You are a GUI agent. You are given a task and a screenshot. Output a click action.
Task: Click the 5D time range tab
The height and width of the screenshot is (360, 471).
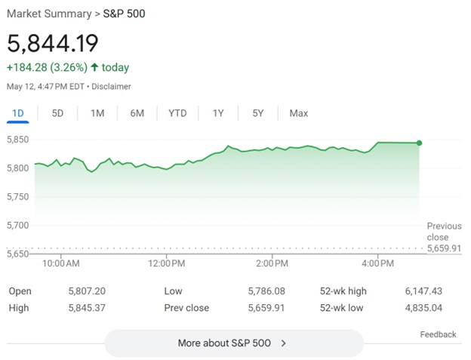[x=57, y=113]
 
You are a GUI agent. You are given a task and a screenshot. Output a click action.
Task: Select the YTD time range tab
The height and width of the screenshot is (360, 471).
[x=177, y=113]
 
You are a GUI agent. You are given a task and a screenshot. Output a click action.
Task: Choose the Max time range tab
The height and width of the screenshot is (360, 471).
[x=298, y=113]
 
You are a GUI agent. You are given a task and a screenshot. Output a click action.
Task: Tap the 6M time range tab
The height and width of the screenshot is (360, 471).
[x=137, y=113]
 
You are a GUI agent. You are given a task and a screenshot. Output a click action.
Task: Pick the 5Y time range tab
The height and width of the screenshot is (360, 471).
[x=258, y=113]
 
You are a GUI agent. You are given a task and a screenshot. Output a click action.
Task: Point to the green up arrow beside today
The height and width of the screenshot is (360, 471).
[x=94, y=68]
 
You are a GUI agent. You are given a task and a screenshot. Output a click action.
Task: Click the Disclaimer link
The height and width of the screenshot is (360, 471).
[x=112, y=87]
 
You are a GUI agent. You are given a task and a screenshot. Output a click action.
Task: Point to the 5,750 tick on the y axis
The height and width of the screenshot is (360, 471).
[x=18, y=197]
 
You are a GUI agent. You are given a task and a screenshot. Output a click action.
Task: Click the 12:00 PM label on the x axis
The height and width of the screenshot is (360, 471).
[x=166, y=263]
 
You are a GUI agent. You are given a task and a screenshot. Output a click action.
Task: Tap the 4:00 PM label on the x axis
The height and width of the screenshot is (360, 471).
[x=377, y=263]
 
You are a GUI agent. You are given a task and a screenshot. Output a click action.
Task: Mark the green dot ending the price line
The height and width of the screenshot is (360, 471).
[x=419, y=143]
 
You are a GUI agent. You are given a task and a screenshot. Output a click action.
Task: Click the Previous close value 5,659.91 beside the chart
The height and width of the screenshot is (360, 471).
[x=444, y=248]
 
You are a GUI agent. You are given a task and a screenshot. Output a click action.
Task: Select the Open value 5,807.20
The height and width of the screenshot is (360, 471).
[x=86, y=291]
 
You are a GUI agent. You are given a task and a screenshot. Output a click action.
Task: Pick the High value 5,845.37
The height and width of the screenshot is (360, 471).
[x=86, y=308]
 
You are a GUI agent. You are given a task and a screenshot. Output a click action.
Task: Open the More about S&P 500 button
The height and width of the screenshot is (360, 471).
[x=233, y=343]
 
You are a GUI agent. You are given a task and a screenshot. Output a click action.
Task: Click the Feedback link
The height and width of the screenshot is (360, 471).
[x=438, y=334]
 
